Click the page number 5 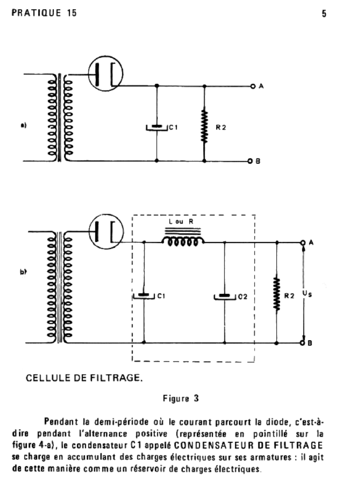tap(324, 13)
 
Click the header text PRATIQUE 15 tap(44, 13)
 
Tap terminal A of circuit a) tap(253, 86)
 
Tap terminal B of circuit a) tap(250, 161)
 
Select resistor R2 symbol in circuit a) tap(205, 125)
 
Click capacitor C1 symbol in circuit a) tap(157, 127)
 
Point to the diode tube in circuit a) tap(105, 74)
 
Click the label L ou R tap(181, 221)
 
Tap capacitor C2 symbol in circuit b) tap(225, 297)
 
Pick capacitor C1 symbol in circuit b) tap(144, 296)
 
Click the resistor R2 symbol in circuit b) tap(277, 294)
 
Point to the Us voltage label tap(307, 294)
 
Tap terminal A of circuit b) tap(303, 243)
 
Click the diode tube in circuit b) tap(106, 232)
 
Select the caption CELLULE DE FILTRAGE tap(84, 377)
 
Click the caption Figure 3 tap(181, 399)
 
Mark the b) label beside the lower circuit tap(23, 272)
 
